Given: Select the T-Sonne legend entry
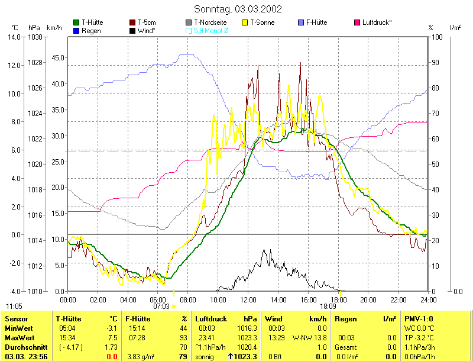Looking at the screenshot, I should (262, 22).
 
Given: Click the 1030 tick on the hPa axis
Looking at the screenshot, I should (35, 37).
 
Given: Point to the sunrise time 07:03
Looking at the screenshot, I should (161, 307).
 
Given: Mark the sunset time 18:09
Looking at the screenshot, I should (328, 307).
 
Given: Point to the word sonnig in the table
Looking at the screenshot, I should (205, 357).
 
